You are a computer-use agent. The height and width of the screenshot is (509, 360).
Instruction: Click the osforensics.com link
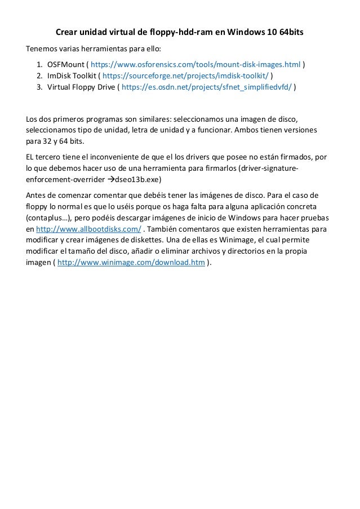click(x=195, y=64)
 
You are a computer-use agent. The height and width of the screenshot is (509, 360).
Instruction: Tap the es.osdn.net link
click(x=207, y=88)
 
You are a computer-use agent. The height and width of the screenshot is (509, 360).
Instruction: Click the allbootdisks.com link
click(x=88, y=229)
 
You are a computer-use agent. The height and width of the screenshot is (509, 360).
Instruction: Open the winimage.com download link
click(x=131, y=263)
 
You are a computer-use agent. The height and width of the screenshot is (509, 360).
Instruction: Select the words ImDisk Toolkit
click(x=71, y=76)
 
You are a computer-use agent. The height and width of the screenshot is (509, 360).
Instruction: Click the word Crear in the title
click(x=66, y=33)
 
